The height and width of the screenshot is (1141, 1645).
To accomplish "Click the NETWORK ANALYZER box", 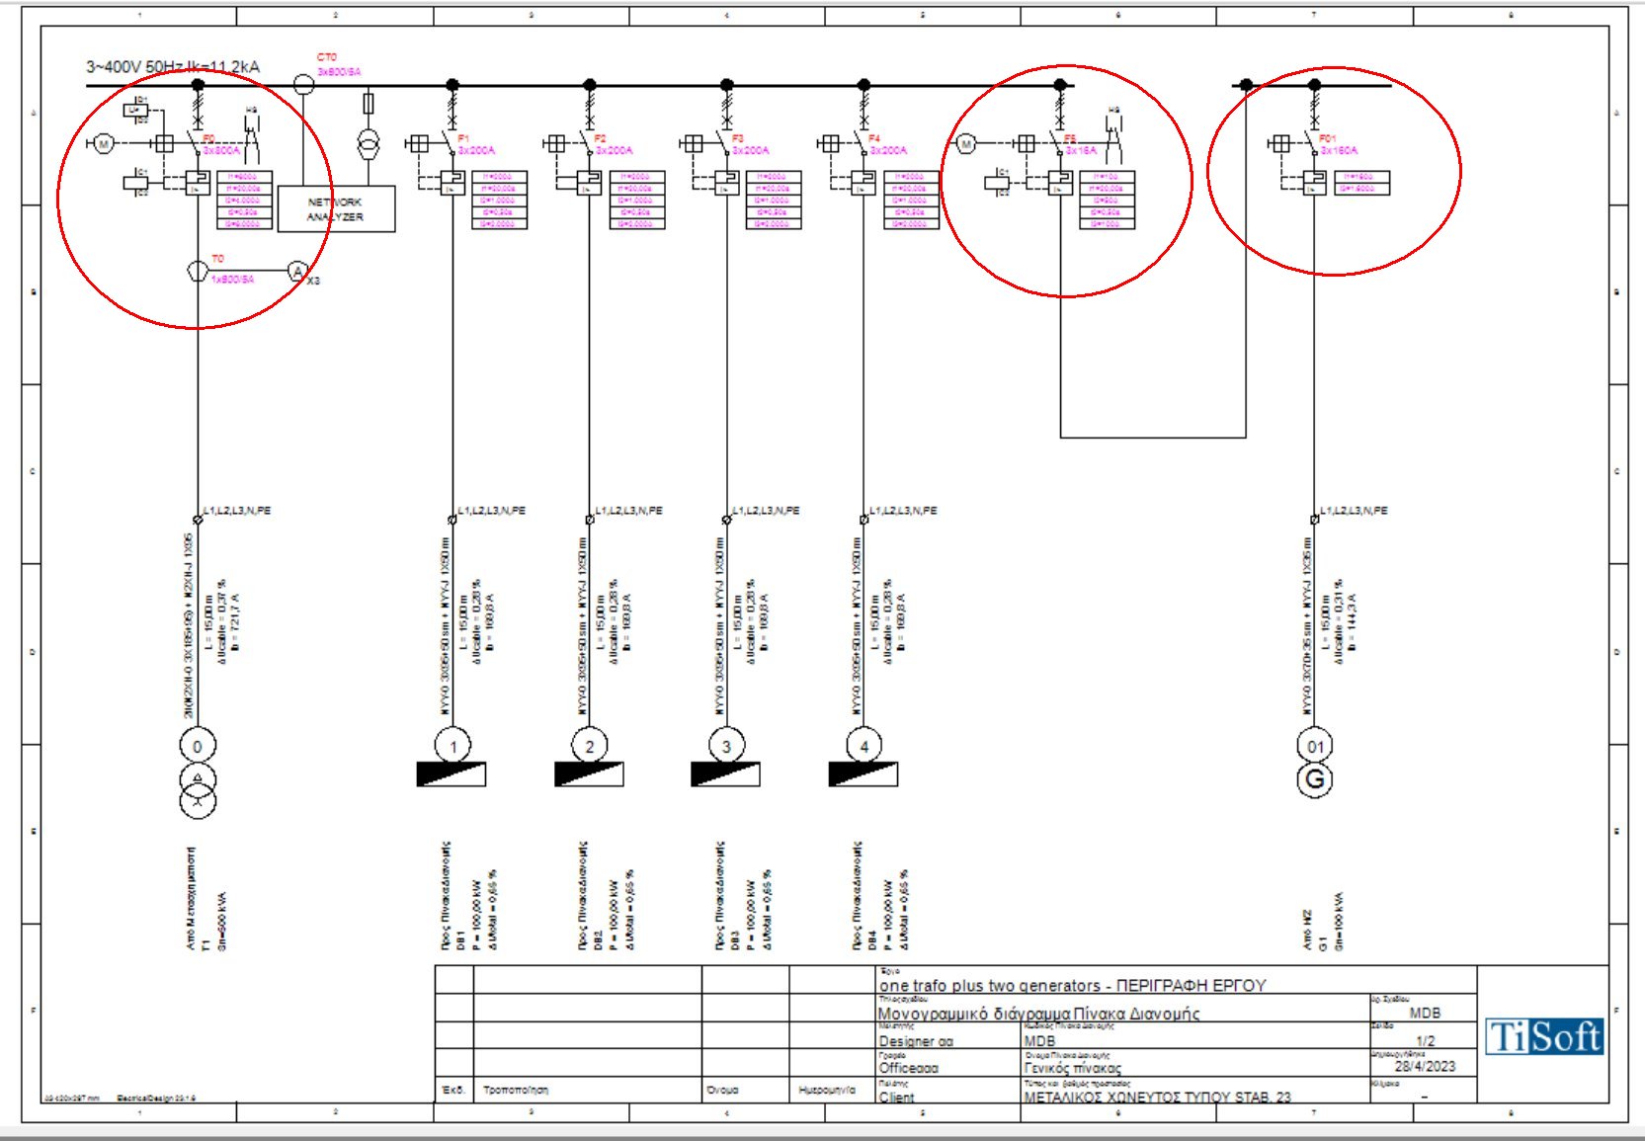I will tap(336, 208).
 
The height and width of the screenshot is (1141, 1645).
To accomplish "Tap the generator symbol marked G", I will tap(1314, 780).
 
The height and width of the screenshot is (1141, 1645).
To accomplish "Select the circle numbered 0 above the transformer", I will tap(198, 747).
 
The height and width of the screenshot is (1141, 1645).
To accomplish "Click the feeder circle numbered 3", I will tap(726, 747).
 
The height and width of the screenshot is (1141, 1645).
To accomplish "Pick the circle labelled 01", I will tap(1314, 747).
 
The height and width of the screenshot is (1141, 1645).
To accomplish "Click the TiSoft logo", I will tap(1544, 1037).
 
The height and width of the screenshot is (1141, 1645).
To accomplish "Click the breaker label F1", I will tap(463, 139).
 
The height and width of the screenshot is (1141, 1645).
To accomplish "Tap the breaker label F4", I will tap(874, 139).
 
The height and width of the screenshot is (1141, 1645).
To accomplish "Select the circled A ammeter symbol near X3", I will tap(297, 272).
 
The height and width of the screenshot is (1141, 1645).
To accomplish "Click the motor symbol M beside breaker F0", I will tap(103, 144).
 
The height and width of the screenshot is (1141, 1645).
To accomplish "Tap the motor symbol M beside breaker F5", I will tap(966, 144).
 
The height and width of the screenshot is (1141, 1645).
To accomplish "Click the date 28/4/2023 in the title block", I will tap(1425, 1067).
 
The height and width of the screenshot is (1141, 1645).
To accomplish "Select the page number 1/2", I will tap(1425, 1041).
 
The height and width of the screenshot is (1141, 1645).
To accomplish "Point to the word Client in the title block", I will tap(896, 1098).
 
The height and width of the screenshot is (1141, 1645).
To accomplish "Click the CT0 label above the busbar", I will tap(326, 57).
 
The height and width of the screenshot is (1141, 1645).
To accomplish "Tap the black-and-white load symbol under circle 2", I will tap(589, 774).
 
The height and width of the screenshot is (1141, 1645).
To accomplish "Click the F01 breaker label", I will tap(1327, 139).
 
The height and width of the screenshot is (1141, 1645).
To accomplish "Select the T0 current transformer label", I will tap(217, 259).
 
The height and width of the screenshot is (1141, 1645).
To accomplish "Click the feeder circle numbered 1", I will tap(452, 747).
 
